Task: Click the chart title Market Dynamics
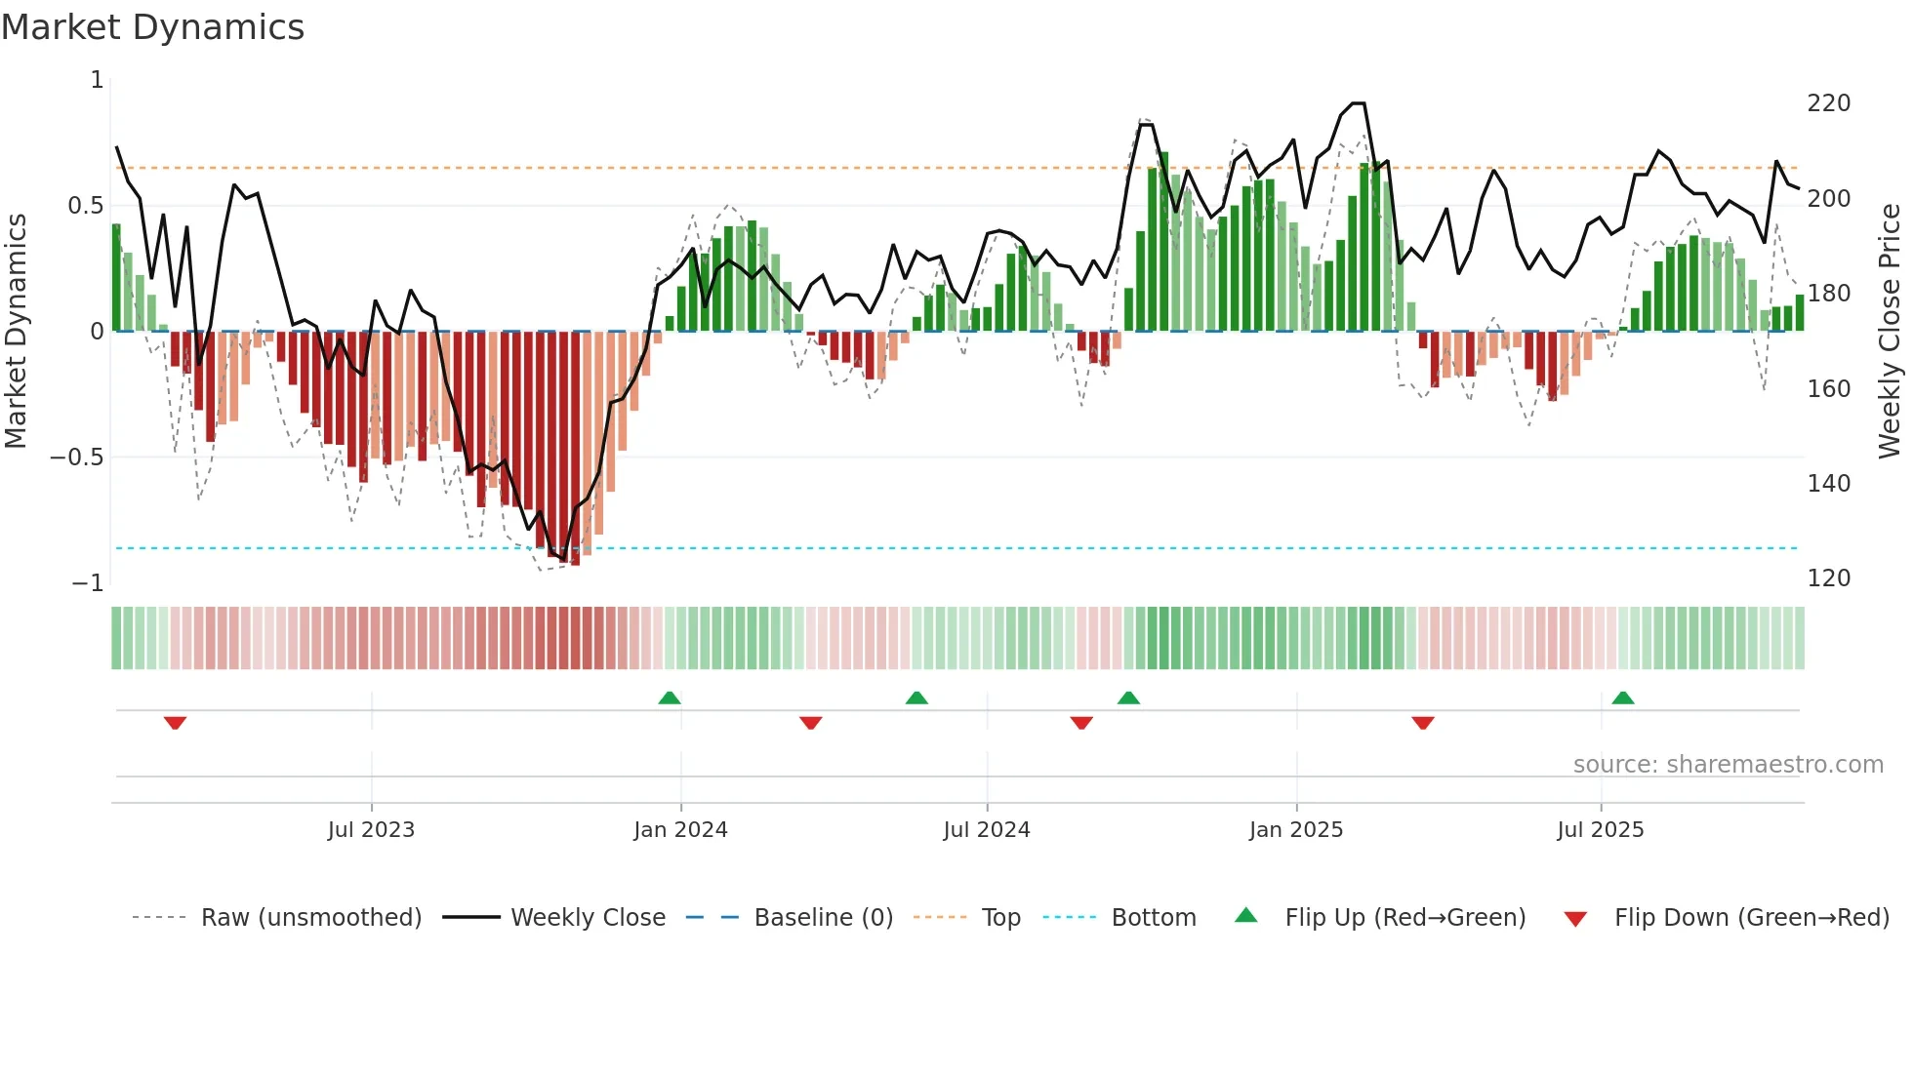pyautogui.click(x=153, y=27)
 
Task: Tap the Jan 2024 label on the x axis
pyautogui.click(x=680, y=830)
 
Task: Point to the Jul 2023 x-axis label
pyautogui.click(x=371, y=830)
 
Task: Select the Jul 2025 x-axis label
pyautogui.click(x=1600, y=830)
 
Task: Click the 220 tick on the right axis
pyautogui.click(x=1828, y=103)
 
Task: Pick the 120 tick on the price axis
pyautogui.click(x=1828, y=578)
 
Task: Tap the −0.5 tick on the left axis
pyautogui.click(x=76, y=458)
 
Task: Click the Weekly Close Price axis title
pyautogui.click(x=1890, y=332)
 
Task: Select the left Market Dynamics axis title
pyautogui.click(x=16, y=332)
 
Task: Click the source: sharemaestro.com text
pyautogui.click(x=1728, y=765)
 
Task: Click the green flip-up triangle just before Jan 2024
pyautogui.click(x=670, y=698)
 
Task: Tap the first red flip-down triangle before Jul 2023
pyautogui.click(x=175, y=723)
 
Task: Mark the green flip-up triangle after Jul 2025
pyautogui.click(x=1623, y=698)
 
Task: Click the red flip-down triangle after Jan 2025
pyautogui.click(x=1423, y=723)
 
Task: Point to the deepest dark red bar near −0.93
pyautogui.click(x=575, y=449)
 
